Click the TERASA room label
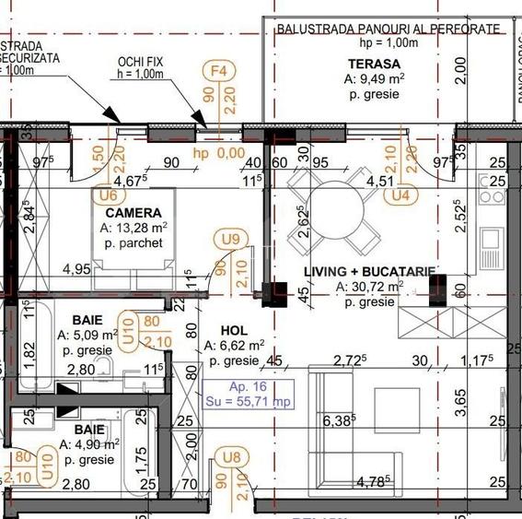374,64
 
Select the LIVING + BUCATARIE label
368,272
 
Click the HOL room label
235,329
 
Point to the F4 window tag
219,71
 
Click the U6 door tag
108,195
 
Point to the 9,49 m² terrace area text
374,79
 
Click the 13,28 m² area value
133,228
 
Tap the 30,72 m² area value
368,287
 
